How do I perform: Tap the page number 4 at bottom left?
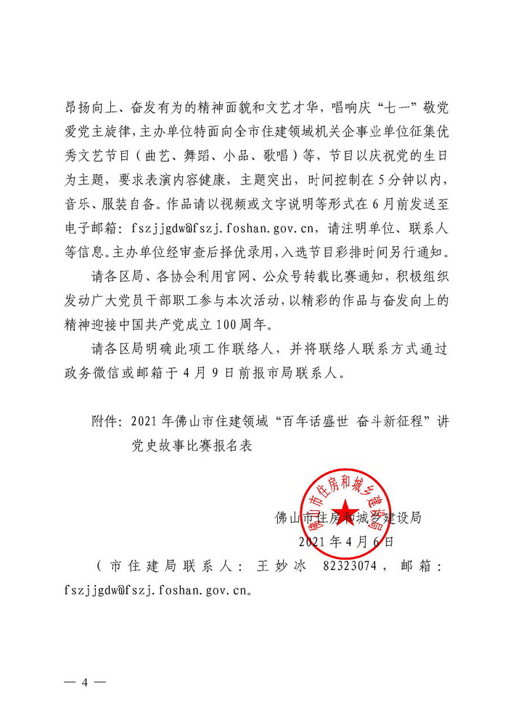pyautogui.click(x=84, y=683)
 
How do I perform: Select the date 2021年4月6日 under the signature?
pyautogui.click(x=345, y=542)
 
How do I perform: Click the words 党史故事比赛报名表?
pyautogui.click(x=190, y=445)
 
